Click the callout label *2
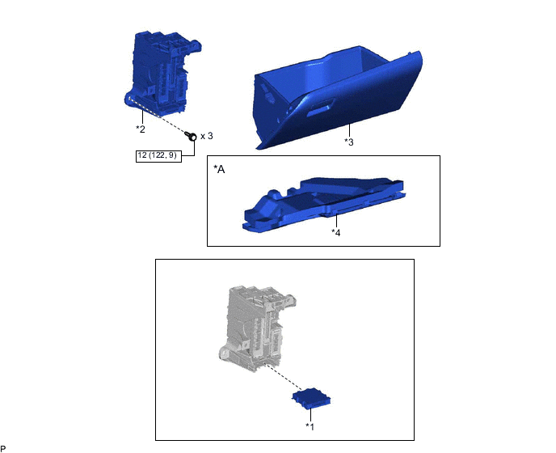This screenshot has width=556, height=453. coord(141,129)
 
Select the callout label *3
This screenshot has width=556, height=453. coord(349,142)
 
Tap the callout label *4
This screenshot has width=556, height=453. coord(335,231)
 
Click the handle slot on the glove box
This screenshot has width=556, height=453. coord(322,106)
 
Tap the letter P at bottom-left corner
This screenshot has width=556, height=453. coord(3,448)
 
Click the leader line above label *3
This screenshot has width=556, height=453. coord(348,130)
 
